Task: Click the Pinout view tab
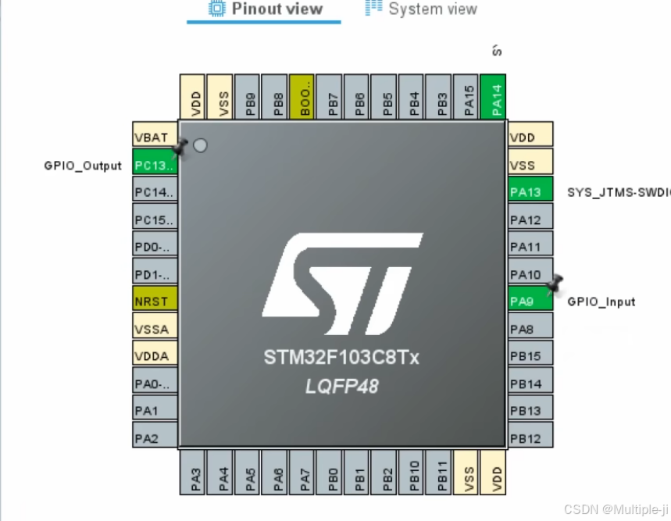[x=266, y=9]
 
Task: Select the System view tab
[x=422, y=9]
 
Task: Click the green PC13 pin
[x=155, y=165]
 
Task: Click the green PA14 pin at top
[x=494, y=97]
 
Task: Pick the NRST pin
[x=155, y=302]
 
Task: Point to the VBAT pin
[x=155, y=137]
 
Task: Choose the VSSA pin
[x=155, y=329]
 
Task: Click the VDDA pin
[x=155, y=356]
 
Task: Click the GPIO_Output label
[x=83, y=166]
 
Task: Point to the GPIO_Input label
[x=601, y=302]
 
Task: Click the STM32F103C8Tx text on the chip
[x=341, y=359]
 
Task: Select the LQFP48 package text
[x=341, y=386]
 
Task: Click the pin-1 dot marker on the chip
[x=200, y=145]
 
